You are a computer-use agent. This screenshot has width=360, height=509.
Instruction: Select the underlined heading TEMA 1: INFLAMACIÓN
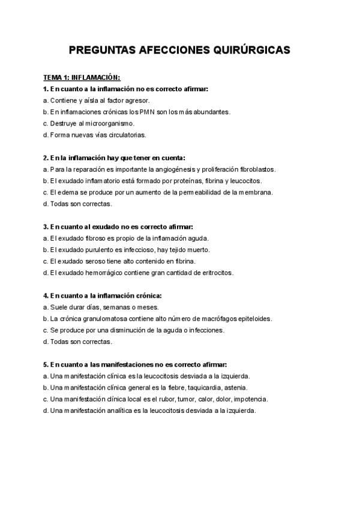82,77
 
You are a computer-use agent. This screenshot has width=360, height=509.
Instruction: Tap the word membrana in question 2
255,192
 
